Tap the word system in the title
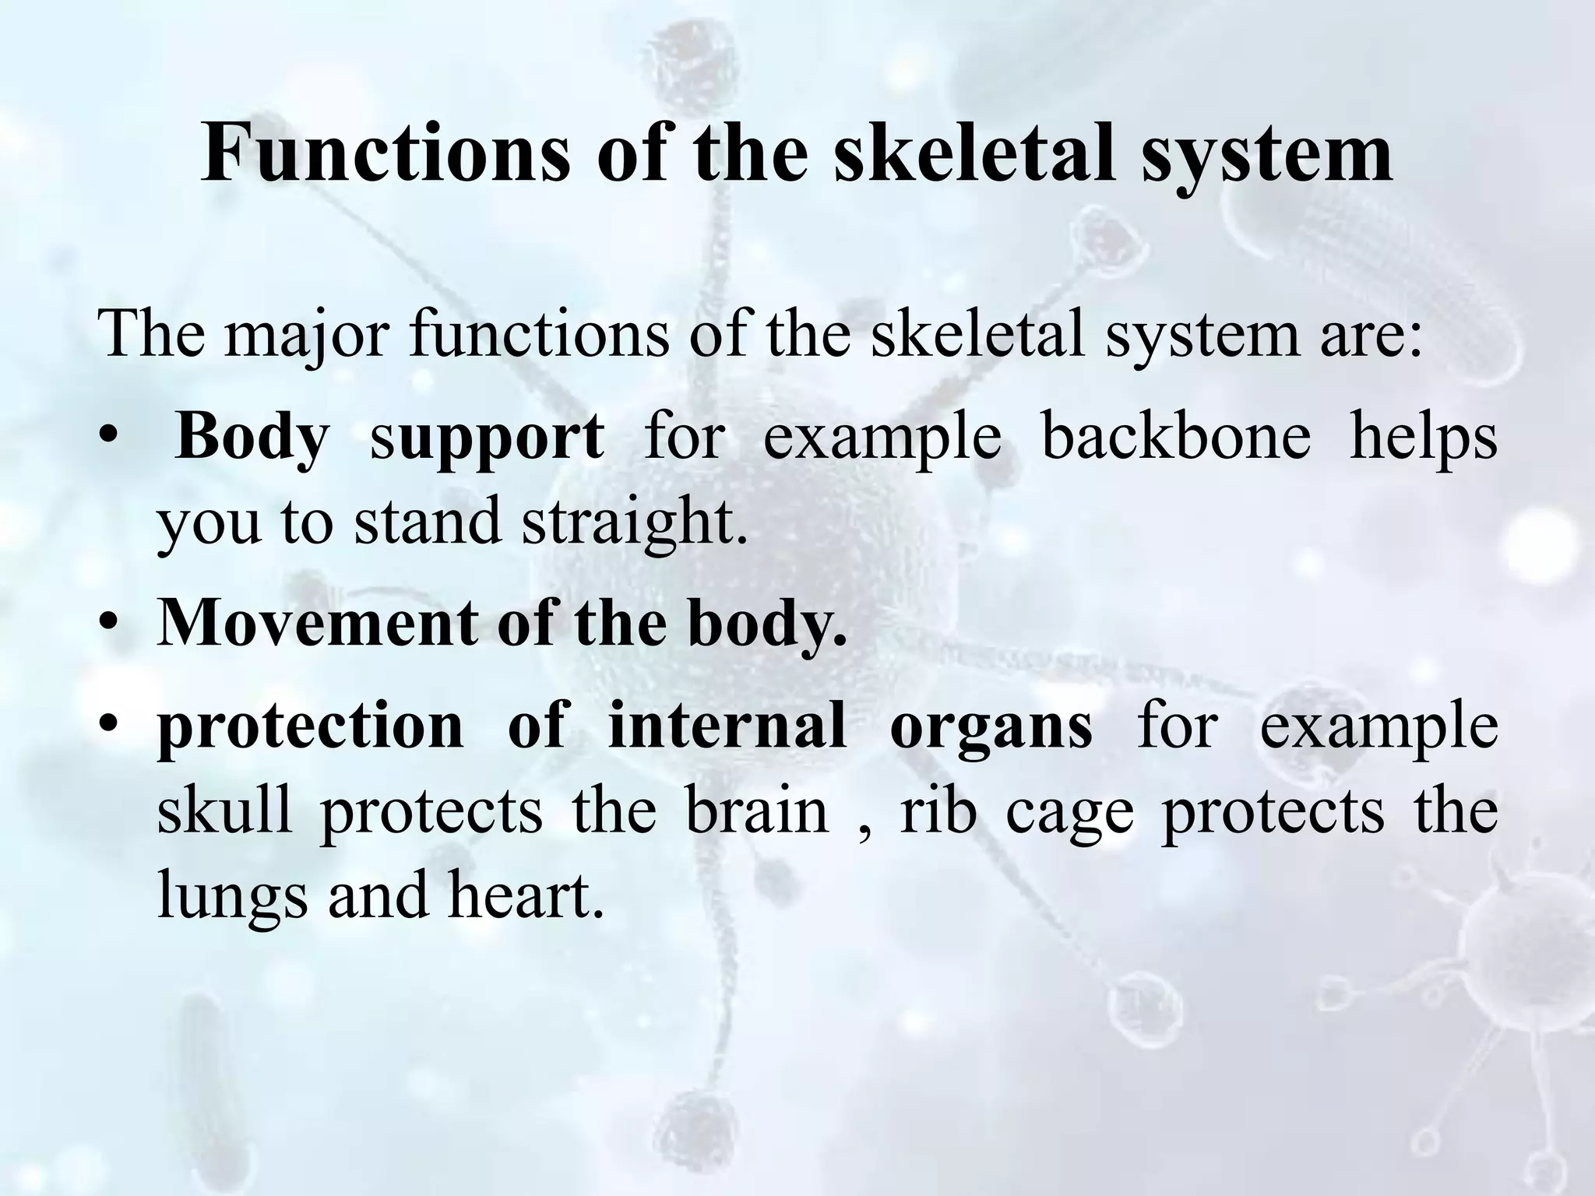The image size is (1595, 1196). pyautogui.click(x=1267, y=156)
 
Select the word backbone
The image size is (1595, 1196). pyautogui.click(x=1176, y=436)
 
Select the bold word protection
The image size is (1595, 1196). pyautogui.click(x=310, y=728)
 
